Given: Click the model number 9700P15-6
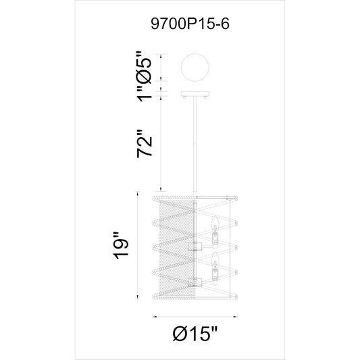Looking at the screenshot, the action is point(190,24).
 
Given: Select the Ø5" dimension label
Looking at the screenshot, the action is point(145,67).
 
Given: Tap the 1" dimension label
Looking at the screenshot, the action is point(145,93).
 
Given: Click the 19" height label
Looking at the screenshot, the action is point(121,246).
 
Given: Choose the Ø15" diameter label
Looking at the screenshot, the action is point(195,334).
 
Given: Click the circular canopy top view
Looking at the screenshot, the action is point(195,68).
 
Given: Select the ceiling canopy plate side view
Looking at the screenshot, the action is point(195,94).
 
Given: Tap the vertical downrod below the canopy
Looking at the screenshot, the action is point(195,146).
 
